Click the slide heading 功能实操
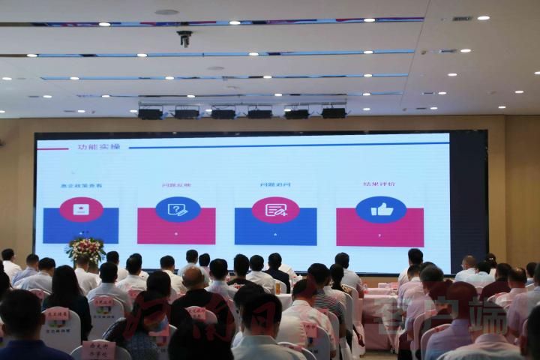click(98, 146)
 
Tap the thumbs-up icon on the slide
click(381, 210)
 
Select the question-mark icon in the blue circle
click(178, 209)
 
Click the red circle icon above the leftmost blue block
click(81, 209)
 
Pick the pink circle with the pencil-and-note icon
click(275, 210)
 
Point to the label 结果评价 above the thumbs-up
click(379, 184)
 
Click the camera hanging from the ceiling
click(184, 37)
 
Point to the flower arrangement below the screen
click(85, 250)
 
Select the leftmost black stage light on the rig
click(150, 113)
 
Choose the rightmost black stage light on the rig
click(334, 112)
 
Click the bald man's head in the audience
click(193, 278)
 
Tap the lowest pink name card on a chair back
click(98, 349)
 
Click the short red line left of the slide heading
click(52, 148)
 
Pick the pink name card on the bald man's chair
click(196, 313)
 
